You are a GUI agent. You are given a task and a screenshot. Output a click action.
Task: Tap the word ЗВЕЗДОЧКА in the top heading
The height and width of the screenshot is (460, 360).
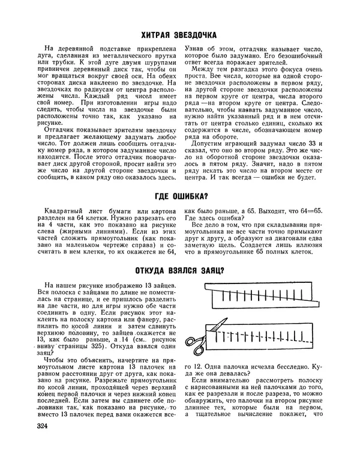(x=200, y=35)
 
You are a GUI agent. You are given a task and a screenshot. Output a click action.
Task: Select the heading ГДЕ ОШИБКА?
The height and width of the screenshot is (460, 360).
(x=181, y=196)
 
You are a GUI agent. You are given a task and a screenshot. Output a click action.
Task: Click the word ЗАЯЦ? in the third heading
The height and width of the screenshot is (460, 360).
(x=212, y=270)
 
